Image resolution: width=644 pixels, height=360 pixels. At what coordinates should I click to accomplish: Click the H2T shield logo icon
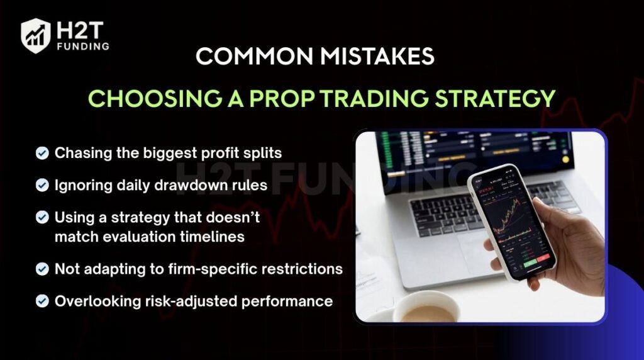36,36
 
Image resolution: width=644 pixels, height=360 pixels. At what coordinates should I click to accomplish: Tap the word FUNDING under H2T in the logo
83,47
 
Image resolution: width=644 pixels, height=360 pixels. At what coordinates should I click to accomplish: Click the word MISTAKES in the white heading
377,56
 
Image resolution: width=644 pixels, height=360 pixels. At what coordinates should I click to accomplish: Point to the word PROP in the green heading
282,99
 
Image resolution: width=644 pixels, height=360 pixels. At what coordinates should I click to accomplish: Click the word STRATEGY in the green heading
495,99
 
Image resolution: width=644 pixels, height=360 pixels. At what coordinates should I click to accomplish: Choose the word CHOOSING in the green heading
155,99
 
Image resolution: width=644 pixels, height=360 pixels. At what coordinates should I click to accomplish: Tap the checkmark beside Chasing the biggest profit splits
42,154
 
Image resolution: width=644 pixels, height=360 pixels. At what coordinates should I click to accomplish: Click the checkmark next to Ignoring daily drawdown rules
42,185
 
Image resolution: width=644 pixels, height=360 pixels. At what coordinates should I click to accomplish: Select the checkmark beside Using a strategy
42,217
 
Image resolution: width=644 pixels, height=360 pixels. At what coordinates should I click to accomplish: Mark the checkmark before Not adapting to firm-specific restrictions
42,269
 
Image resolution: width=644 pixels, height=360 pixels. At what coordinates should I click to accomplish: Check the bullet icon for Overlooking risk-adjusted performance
42,301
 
